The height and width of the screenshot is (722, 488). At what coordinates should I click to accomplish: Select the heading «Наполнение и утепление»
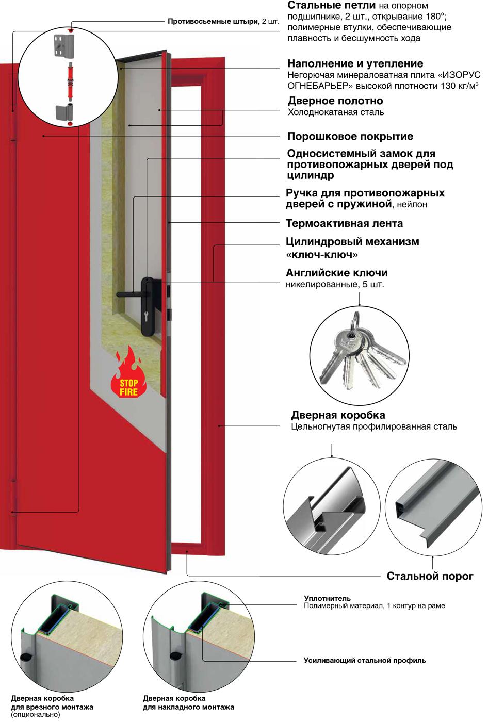(355, 64)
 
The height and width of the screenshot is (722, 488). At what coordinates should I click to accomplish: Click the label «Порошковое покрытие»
(350, 137)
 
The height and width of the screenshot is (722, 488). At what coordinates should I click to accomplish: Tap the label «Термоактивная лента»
(344, 224)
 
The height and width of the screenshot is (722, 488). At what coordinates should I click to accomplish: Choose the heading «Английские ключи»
(336, 273)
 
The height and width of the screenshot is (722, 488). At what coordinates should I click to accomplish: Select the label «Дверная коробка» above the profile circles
(338, 415)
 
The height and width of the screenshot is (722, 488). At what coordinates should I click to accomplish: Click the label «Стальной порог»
(430, 576)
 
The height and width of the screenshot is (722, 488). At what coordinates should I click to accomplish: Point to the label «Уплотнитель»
(327, 598)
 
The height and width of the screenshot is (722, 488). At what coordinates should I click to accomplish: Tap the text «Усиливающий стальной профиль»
(364, 660)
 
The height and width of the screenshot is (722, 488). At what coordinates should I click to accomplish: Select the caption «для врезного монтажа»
(52, 707)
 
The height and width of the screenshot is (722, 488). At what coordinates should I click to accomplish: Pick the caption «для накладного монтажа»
(188, 707)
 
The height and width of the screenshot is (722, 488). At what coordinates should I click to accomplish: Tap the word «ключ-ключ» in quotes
(322, 255)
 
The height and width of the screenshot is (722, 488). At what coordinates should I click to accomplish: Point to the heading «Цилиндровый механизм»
(352, 242)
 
